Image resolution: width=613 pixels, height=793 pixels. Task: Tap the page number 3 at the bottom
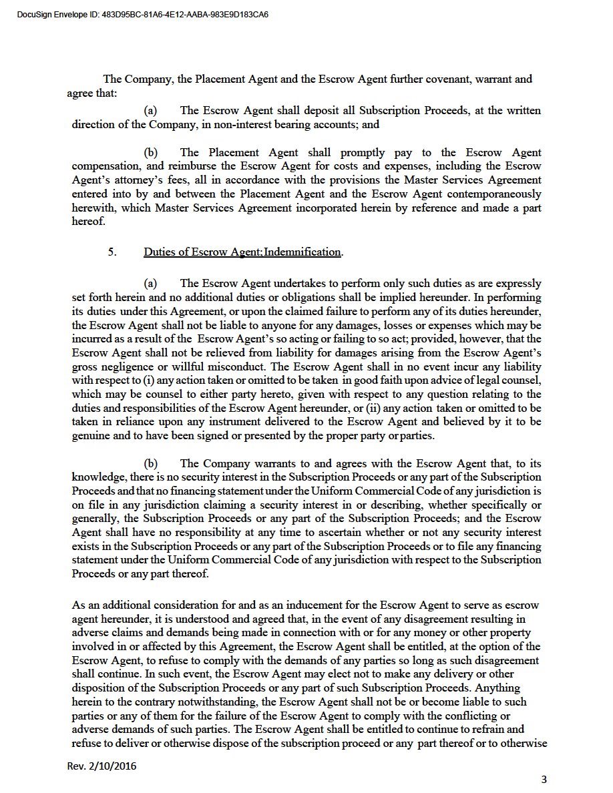544,779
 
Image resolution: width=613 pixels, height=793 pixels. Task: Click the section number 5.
112,252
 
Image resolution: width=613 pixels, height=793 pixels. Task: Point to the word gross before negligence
85,367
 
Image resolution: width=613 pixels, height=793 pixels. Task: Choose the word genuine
91,437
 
